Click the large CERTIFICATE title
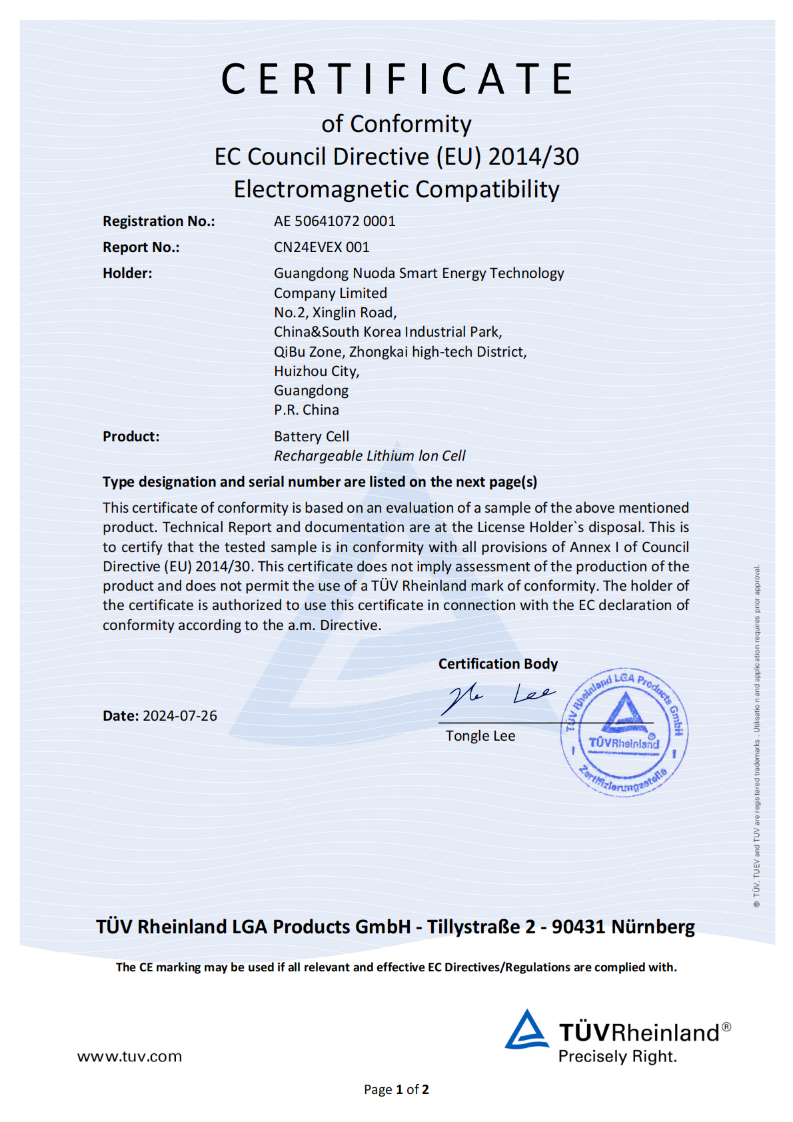(397, 79)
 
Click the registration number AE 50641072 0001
(335, 221)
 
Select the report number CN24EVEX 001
(321, 247)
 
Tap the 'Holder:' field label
(127, 273)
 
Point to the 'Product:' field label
(131, 437)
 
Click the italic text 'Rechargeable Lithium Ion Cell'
(369, 456)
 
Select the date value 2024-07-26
(180, 716)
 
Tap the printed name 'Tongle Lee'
(480, 736)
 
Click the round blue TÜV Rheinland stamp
(624, 732)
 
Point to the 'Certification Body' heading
(498, 664)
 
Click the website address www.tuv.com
(129, 1057)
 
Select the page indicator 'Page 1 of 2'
(396, 1089)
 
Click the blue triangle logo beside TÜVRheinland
(526, 1030)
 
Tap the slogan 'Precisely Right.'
(617, 1057)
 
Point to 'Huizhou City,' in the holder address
(317, 371)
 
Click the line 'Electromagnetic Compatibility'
(396, 189)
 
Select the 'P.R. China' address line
(307, 410)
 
